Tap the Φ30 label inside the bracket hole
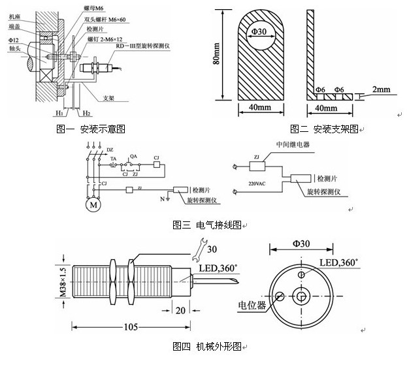257,32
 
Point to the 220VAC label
258,184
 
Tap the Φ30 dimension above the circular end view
302,244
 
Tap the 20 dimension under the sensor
178,309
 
